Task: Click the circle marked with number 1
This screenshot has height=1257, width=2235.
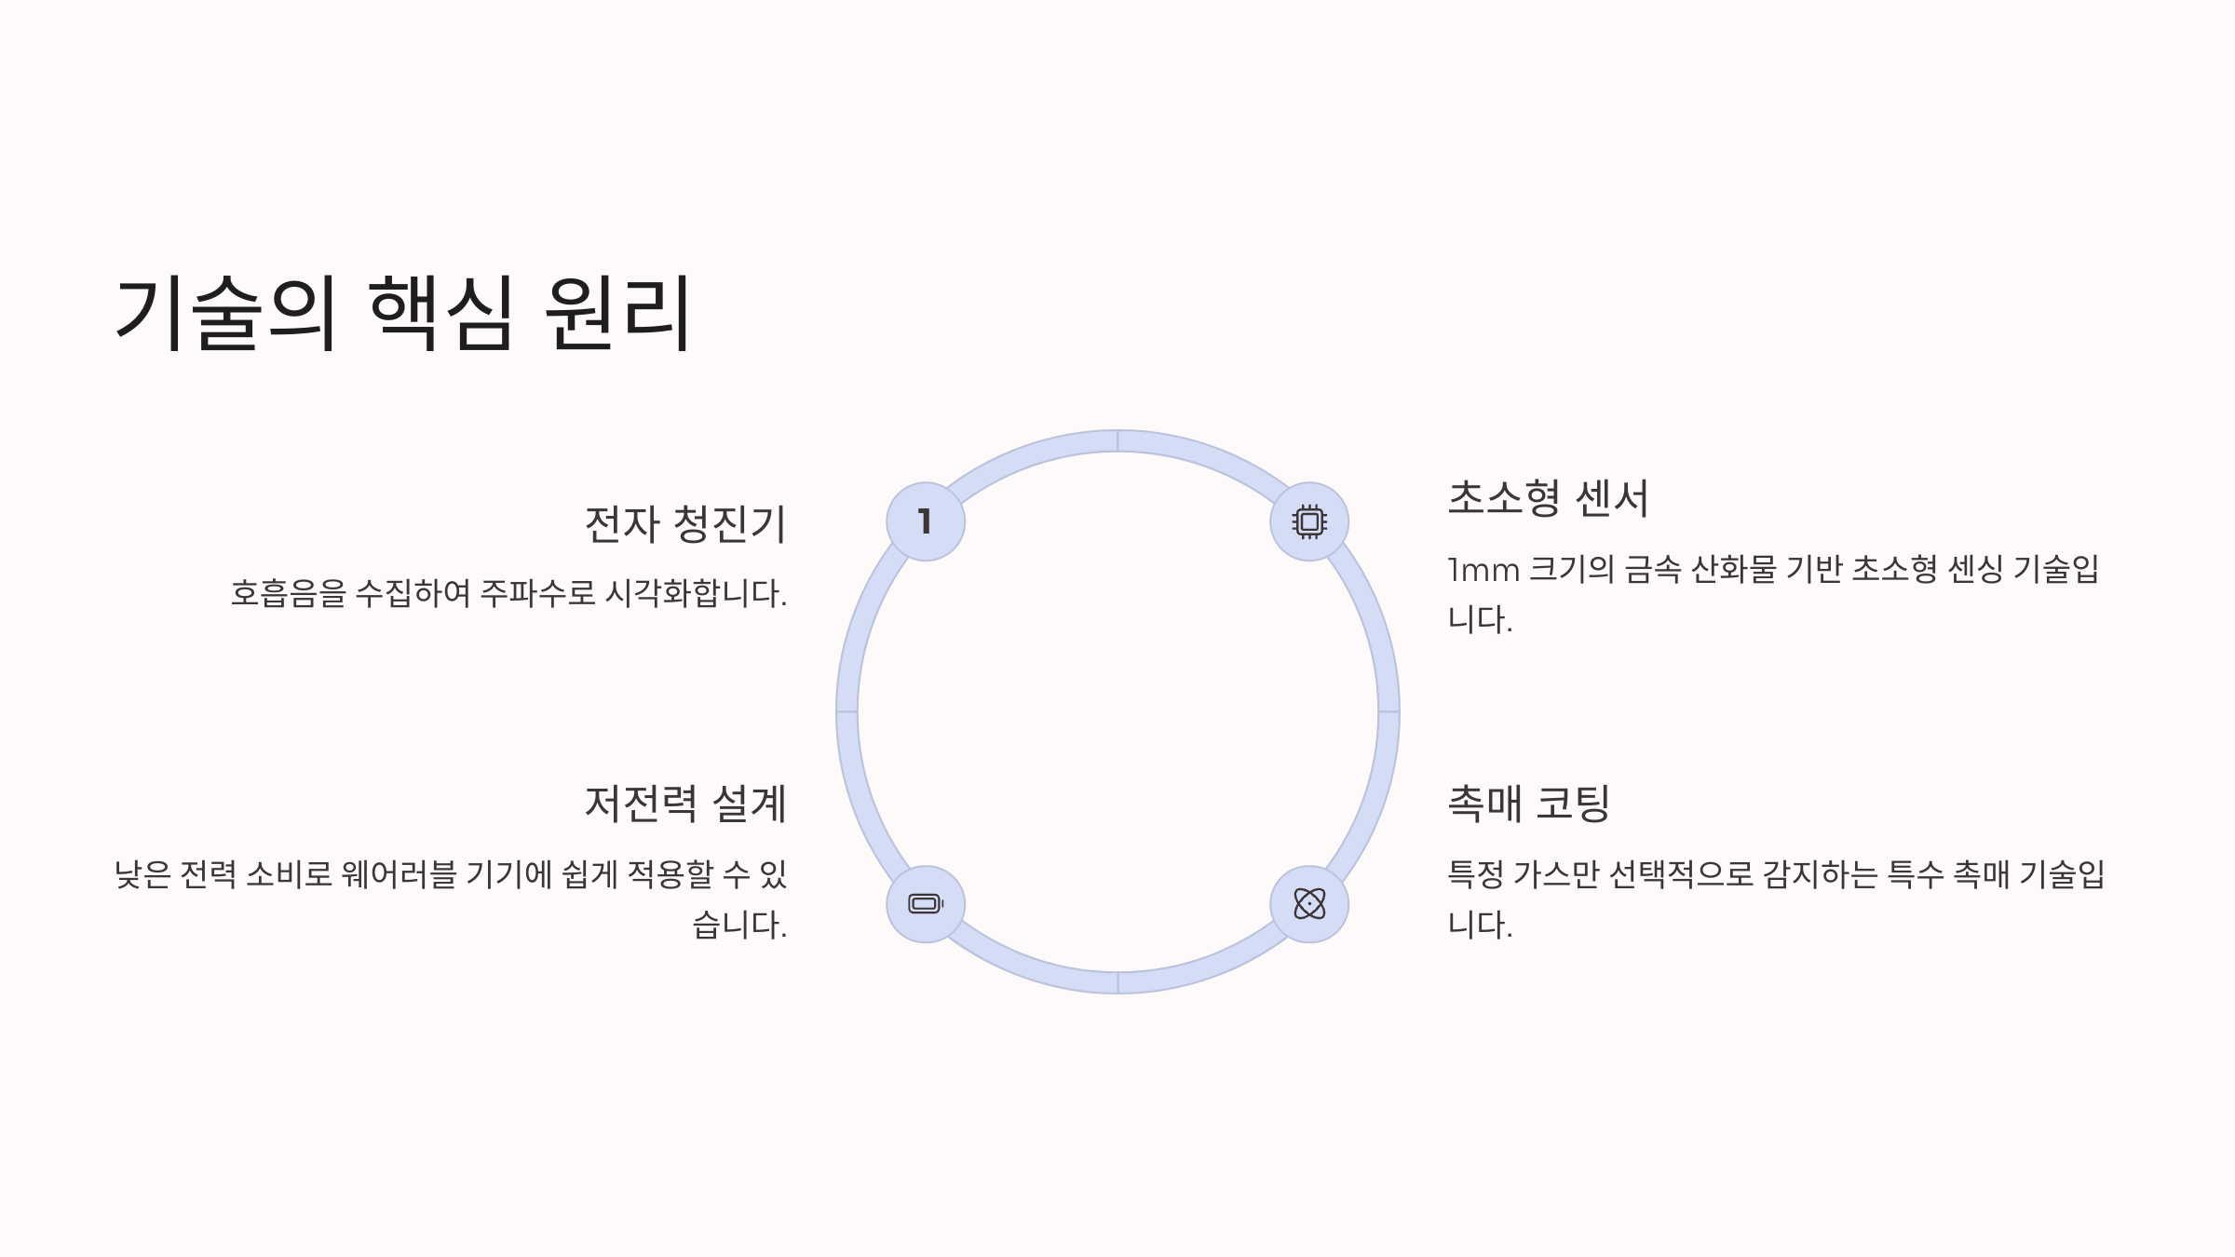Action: [926, 521]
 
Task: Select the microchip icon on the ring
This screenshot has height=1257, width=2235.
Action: [1309, 521]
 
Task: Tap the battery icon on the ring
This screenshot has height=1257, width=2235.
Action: [926, 904]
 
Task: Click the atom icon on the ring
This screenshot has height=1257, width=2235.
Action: [1309, 904]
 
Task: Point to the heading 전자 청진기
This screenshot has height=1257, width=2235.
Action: [685, 523]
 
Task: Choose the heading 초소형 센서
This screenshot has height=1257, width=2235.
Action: [1548, 497]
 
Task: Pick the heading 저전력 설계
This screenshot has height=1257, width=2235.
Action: [685, 804]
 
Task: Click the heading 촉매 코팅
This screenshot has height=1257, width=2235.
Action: [1529, 803]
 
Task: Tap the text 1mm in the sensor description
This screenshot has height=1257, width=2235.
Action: [1483, 570]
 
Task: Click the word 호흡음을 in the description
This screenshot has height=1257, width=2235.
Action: [288, 593]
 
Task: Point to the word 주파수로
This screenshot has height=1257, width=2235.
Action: [537, 593]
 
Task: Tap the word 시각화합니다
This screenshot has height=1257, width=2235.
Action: [696, 593]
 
